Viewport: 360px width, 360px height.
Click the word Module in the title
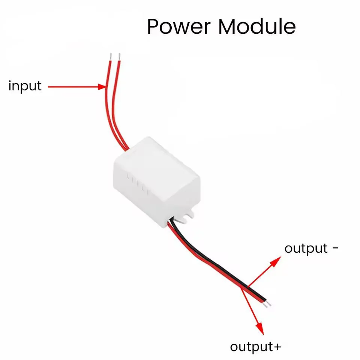coord(257,27)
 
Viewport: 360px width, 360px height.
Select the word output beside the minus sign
coord(306,248)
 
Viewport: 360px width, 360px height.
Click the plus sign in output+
coord(277,347)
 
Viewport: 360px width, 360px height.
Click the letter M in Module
coord(230,27)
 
